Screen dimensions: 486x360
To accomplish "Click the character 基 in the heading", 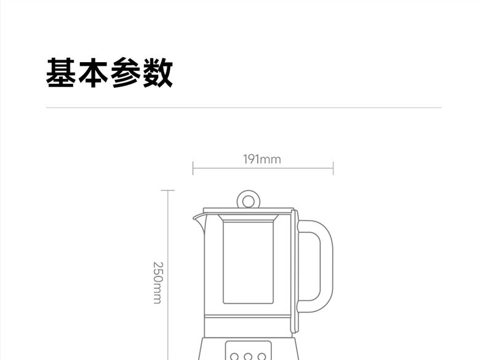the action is (61, 72).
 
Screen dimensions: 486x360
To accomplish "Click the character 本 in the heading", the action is (93, 72).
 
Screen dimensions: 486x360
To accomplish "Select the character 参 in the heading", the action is (125, 72).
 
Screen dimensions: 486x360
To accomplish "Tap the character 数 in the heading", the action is (157, 72).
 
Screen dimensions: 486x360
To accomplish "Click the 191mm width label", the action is (262, 159).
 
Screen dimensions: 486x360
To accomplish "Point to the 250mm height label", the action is (157, 283).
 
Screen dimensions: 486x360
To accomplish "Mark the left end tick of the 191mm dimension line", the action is (193, 168).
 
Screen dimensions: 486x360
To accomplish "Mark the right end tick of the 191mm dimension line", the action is (333, 168).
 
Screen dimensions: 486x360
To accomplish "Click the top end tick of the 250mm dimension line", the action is (168, 190).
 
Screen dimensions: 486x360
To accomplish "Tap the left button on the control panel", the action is (234, 356).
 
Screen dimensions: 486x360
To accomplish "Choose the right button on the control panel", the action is (262, 356).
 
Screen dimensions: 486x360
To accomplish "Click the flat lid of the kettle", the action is (249, 210).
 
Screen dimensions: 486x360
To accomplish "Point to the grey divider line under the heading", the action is (244, 108).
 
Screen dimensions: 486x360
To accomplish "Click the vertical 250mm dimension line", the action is (168, 275).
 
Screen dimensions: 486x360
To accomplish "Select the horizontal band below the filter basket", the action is (247, 316).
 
